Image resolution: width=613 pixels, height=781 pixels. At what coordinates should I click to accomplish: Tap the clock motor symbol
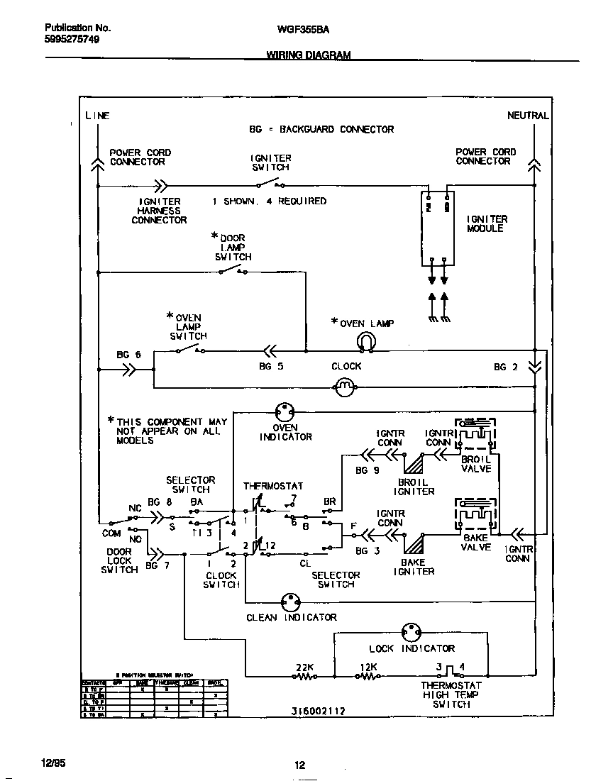tap(344, 386)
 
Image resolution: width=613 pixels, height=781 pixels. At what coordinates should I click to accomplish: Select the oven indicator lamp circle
tap(285, 411)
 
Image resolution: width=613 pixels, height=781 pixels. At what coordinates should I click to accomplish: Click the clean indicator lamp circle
tap(290, 602)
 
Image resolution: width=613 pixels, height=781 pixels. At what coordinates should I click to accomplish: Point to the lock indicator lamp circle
tap(411, 632)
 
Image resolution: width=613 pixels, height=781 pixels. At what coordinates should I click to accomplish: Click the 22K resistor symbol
tap(306, 677)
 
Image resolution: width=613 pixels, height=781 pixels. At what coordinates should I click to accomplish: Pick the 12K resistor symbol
tap(368, 677)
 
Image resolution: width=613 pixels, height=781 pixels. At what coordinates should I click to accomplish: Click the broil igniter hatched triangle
tap(414, 464)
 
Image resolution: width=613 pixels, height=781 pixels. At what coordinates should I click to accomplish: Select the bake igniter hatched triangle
tap(414, 543)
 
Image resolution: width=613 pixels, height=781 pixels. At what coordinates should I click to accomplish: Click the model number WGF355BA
tap(298, 31)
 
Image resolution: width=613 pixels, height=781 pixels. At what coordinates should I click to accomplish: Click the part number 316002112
tap(318, 710)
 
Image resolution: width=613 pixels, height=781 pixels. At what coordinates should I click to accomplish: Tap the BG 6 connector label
tap(128, 355)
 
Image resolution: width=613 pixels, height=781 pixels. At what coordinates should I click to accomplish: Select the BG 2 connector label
tap(506, 367)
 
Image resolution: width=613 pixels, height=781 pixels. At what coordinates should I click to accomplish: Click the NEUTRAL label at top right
tap(528, 115)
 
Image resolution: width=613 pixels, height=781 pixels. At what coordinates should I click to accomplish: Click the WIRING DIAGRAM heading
tap(308, 54)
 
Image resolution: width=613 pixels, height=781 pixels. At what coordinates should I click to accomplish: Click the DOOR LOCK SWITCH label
tap(119, 560)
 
